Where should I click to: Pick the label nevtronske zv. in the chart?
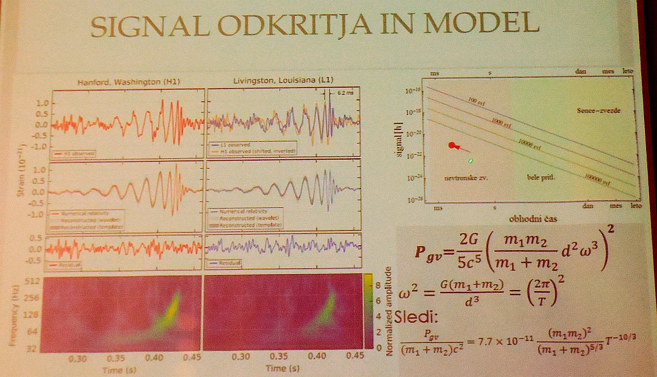[x=465, y=178]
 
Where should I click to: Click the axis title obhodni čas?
[x=529, y=218]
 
